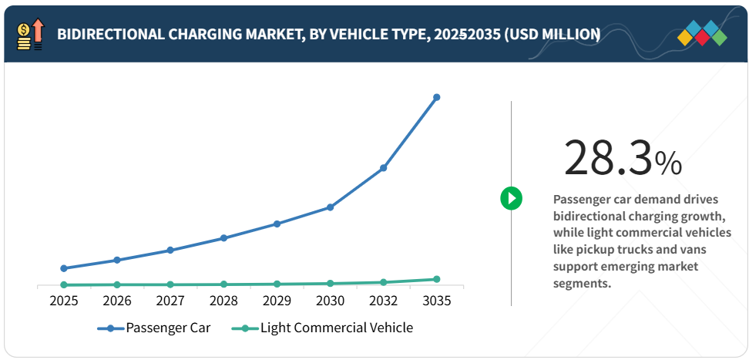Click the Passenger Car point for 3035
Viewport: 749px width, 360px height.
437,97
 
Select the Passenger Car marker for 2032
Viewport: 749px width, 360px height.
384,167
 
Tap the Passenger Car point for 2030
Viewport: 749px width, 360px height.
330,207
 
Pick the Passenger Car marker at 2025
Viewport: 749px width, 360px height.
64,268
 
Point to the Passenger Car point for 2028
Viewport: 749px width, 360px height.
223,237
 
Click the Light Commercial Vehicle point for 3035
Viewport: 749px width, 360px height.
437,279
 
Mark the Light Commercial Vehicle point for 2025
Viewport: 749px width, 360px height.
64,285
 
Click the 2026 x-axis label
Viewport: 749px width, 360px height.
117,301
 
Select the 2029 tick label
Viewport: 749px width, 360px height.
277,301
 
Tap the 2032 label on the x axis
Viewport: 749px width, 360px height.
384,301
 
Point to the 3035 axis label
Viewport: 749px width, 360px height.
437,301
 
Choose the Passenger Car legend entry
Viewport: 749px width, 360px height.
154,328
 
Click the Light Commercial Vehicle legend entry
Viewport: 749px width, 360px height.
324,328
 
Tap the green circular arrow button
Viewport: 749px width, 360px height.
511,198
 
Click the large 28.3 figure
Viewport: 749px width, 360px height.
607,159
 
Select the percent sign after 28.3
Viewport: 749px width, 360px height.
668,163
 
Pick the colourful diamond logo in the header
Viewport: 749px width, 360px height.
701,35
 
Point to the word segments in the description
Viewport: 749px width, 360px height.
582,284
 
